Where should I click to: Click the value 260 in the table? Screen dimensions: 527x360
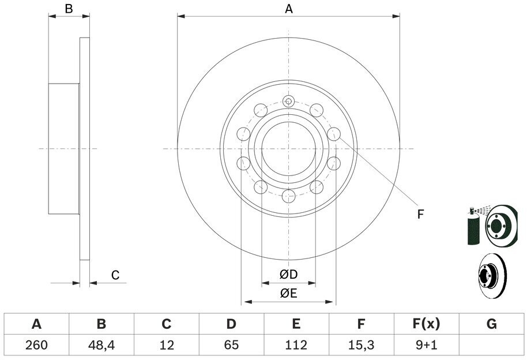coord(36,345)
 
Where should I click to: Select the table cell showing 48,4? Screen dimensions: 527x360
coord(101,345)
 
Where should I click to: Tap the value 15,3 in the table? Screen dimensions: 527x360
coord(361,345)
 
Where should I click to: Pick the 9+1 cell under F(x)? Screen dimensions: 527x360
coord(426,345)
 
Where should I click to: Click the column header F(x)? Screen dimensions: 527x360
coord(426,324)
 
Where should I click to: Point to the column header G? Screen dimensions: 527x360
coord(491,324)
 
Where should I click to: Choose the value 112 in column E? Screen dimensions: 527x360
coord(296,345)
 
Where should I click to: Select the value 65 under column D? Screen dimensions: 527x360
coord(231,345)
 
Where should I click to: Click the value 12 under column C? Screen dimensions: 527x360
coord(166,345)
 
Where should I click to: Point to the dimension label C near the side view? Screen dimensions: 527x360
coord(115,275)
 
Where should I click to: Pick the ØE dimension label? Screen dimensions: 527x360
coord(288,293)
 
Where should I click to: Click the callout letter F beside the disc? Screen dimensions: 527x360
coord(420,215)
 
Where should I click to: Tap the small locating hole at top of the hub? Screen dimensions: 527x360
coord(288,102)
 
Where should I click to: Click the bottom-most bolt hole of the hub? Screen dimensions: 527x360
coord(288,196)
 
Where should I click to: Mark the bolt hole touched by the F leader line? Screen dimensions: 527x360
coord(333,134)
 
